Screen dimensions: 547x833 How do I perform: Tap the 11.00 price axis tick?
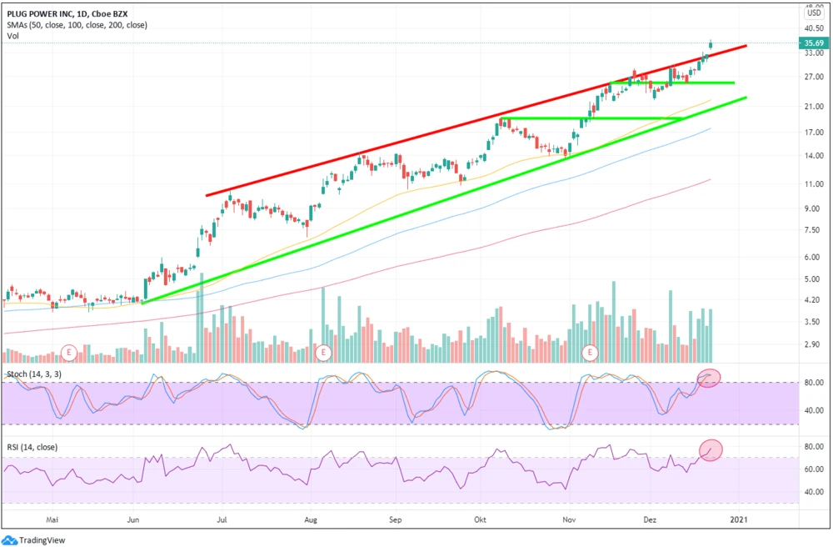[813, 184]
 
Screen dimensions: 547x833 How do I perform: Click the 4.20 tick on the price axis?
[812, 300]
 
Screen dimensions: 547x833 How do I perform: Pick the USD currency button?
[814, 13]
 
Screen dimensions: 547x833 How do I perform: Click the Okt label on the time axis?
[480, 519]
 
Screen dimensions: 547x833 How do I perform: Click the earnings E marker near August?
[322, 352]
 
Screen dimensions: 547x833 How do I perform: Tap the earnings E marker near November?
[591, 352]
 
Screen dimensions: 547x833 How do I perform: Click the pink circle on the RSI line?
[710, 449]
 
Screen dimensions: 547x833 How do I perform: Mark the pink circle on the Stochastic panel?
[708, 377]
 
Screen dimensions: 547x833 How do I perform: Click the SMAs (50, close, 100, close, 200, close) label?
[77, 25]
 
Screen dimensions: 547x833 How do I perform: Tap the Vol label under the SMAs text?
[13, 36]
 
